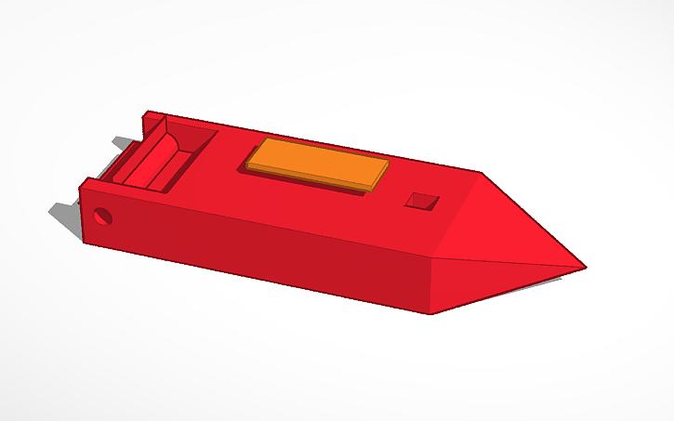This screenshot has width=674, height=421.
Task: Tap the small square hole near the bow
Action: click(424, 201)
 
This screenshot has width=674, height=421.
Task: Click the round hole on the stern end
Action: click(102, 217)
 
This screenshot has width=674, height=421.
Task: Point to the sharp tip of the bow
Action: click(585, 269)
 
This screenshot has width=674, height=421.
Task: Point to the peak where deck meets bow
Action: click(481, 174)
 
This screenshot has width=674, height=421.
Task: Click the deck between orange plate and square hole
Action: click(395, 186)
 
